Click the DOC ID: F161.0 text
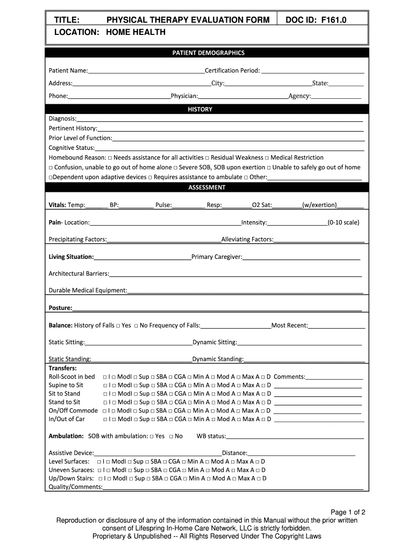click(x=316, y=20)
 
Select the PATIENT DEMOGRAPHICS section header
click(x=208, y=53)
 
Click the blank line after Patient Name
click(x=146, y=71)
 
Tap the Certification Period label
click(x=232, y=70)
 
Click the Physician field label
click(x=184, y=96)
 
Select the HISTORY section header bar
click(x=208, y=109)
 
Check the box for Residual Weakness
click(x=207, y=158)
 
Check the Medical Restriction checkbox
click(x=267, y=158)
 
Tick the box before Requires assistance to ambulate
click(x=150, y=177)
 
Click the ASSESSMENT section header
click(x=208, y=187)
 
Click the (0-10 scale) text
click(x=344, y=222)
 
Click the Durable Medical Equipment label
click(x=88, y=291)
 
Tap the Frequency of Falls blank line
click(x=235, y=325)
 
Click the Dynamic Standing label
click(x=218, y=359)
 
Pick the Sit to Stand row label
click(x=65, y=394)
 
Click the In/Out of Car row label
click(x=67, y=419)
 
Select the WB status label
click(x=211, y=436)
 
